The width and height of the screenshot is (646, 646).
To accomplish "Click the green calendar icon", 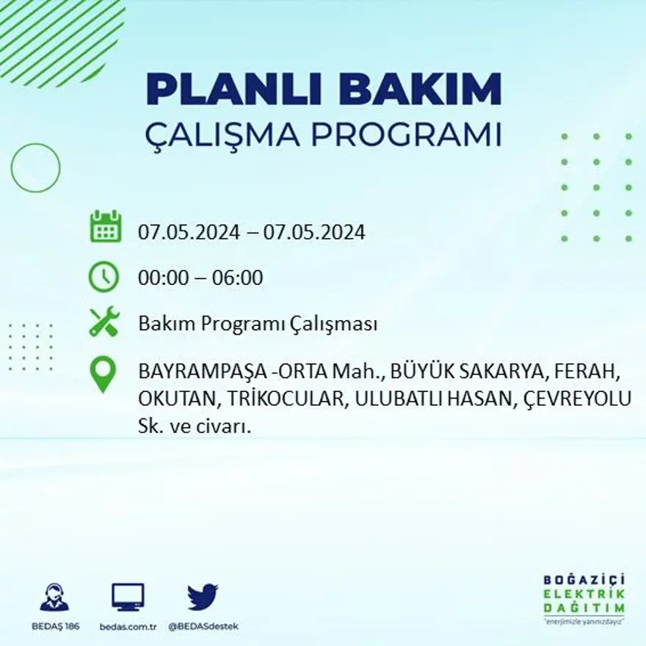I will [x=105, y=227].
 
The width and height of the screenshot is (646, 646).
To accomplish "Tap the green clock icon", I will [x=104, y=277].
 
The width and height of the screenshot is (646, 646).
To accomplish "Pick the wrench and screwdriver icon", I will [x=104, y=322].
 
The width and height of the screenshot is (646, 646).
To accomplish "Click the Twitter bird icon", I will [x=202, y=597].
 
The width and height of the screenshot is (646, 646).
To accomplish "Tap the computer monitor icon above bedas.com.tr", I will [x=128, y=597].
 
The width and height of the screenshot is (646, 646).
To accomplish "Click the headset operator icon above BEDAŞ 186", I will [x=54, y=597].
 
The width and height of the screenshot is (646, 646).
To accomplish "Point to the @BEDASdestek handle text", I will [x=203, y=626].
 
